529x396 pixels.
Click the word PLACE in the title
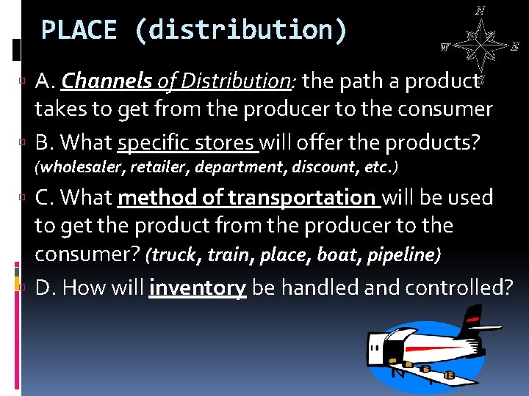point(79,30)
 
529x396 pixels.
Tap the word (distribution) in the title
point(240,30)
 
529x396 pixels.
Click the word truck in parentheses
point(176,255)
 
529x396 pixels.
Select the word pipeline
point(401,255)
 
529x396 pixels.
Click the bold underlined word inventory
point(197,288)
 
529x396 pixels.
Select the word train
point(228,255)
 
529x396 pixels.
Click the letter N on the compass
point(480,10)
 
